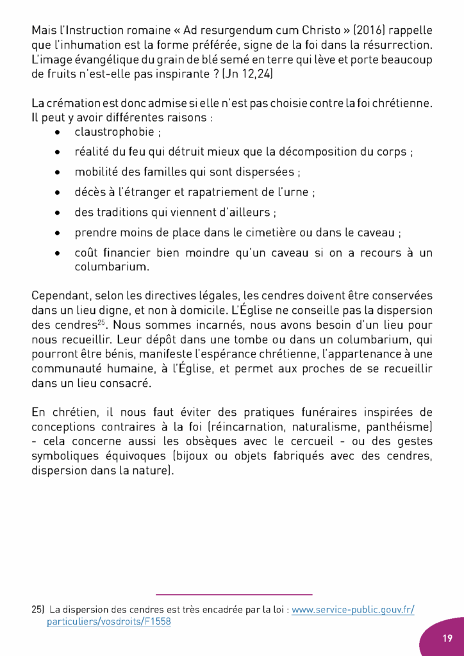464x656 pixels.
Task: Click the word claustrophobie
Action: click(114, 133)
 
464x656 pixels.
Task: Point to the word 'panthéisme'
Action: click(397, 426)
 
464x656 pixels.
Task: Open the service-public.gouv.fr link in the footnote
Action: click(352, 610)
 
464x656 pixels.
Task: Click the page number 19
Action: click(447, 638)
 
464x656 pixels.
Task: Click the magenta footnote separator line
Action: click(234, 594)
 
